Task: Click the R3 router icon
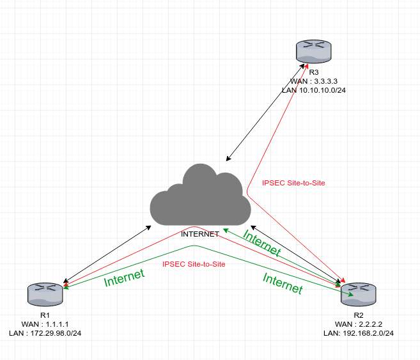313,52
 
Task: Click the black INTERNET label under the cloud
200,234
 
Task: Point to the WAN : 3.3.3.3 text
313,82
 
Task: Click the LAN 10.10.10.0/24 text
314,91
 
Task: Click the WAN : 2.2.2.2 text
358,324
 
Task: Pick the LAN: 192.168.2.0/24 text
358,333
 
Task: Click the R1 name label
44,315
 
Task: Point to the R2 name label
358,315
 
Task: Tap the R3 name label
313,73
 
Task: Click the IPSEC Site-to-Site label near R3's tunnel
293,183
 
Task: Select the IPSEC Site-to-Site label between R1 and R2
194,263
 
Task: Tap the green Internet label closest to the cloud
261,244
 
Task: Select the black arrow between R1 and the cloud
106,253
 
